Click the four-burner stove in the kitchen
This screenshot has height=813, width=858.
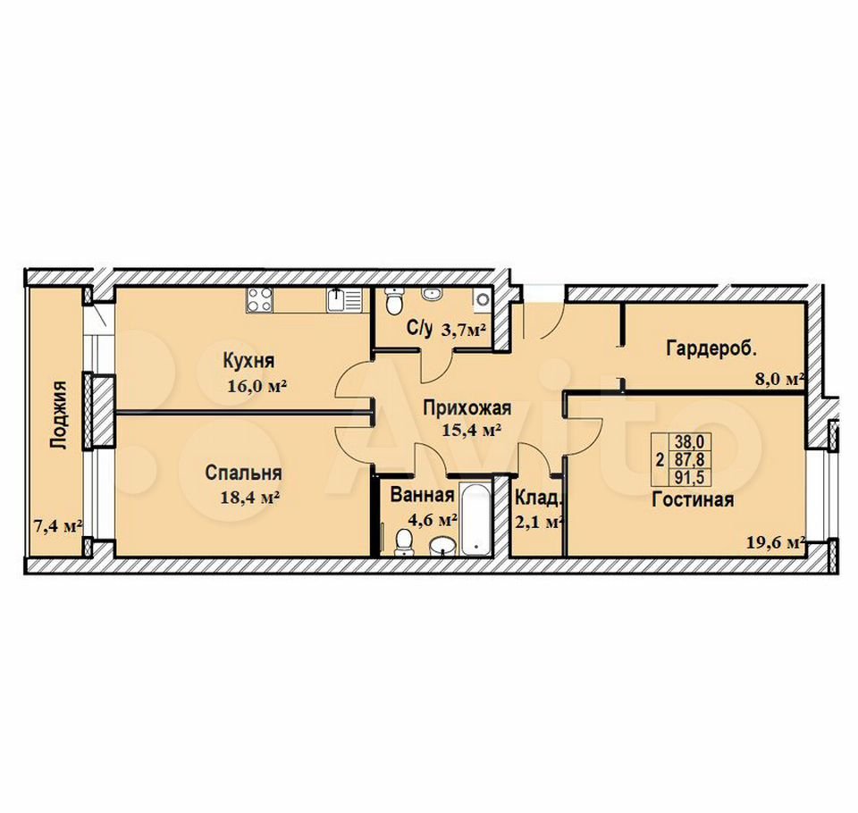(259, 300)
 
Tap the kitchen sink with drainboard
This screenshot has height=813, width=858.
(344, 300)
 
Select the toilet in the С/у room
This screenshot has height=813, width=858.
(393, 301)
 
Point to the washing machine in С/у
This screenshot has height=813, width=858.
(482, 298)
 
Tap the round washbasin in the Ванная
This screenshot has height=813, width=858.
(442, 546)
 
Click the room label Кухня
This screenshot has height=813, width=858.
(249, 361)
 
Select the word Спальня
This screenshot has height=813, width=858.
(243, 473)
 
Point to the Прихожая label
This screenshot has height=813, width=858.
(467, 408)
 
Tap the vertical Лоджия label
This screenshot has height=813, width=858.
(58, 415)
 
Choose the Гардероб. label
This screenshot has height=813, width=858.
(711, 348)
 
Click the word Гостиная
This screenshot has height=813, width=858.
(693, 499)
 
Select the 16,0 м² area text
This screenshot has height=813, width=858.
(257, 386)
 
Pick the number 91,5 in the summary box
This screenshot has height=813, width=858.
(690, 477)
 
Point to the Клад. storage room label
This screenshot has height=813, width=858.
(538, 498)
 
